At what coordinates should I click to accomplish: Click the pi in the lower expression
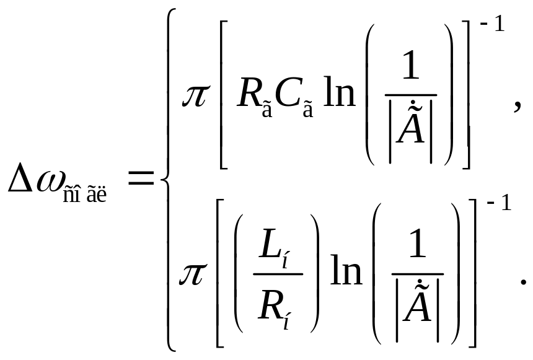[193, 273]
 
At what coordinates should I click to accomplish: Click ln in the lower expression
[346, 271]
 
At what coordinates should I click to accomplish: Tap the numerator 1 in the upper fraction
[410, 72]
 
